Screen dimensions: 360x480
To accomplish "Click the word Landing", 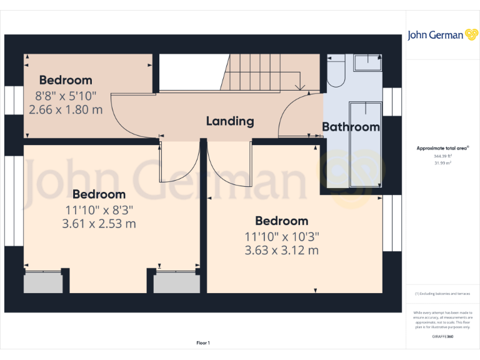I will pyautogui.click(x=230, y=121).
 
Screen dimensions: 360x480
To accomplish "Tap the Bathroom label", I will pyautogui.click(x=351, y=127).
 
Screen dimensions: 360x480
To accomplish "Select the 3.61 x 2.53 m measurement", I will pyautogui.click(x=99, y=223).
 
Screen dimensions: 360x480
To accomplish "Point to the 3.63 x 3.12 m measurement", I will pyautogui.click(x=281, y=250).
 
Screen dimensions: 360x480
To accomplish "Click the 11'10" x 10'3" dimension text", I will pyautogui.click(x=281, y=237).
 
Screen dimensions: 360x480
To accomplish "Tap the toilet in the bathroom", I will pyautogui.click(x=336, y=71).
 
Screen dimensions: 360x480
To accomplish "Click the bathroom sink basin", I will pyautogui.click(x=367, y=62).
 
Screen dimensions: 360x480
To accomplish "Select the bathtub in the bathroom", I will pyautogui.click(x=365, y=144).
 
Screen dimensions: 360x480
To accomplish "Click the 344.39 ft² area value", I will pyautogui.click(x=442, y=156).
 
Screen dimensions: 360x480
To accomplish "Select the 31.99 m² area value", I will pyautogui.click(x=442, y=162).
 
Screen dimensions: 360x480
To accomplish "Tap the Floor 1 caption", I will pyautogui.click(x=203, y=342).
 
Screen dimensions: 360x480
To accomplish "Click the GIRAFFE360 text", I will pyautogui.click(x=442, y=337).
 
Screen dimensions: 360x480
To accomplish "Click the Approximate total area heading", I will pyautogui.click(x=442, y=148).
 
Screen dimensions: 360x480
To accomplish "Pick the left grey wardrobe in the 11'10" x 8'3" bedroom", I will pyautogui.click(x=43, y=282).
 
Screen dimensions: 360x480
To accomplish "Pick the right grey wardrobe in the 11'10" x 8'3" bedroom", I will pyautogui.click(x=177, y=282).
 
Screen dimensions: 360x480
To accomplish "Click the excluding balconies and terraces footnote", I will pyautogui.click(x=442, y=294).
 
